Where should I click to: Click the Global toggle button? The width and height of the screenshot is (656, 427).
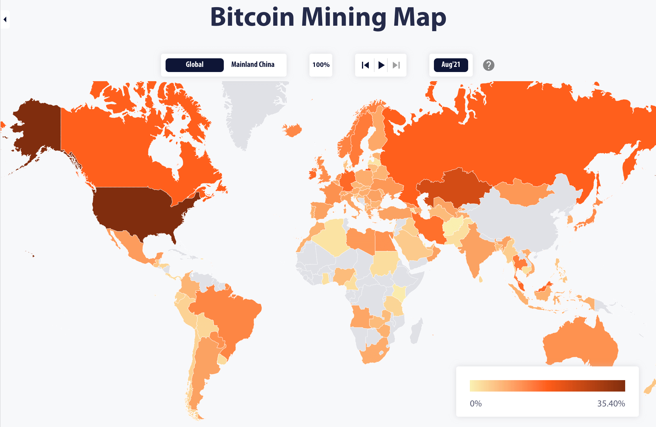(194, 65)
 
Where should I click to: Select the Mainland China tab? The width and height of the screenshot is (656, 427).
(253, 65)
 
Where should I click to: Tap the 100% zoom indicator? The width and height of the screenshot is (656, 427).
(321, 65)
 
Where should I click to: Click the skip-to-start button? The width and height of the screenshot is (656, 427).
(365, 65)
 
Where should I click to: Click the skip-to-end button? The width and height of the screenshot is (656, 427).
(396, 65)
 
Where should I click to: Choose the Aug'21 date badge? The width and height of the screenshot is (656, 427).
(451, 65)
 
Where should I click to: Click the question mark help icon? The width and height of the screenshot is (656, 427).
(488, 65)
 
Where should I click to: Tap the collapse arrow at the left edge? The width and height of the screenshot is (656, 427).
(5, 19)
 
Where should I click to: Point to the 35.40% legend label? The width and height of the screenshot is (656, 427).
(611, 403)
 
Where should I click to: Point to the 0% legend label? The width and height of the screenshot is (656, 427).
(476, 403)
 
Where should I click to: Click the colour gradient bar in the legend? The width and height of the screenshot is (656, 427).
(547, 386)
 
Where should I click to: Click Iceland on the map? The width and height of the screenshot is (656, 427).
(293, 130)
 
